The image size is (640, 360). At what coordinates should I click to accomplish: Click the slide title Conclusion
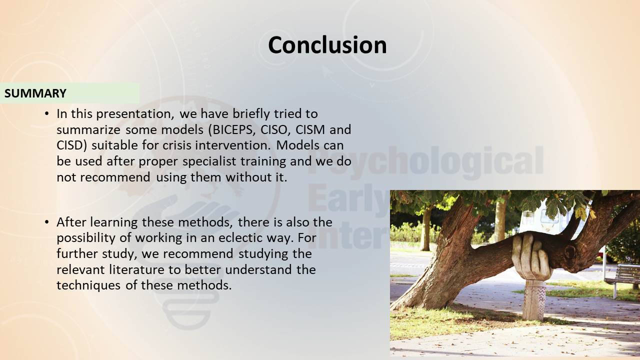pyautogui.click(x=327, y=45)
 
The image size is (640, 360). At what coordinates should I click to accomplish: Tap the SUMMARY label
pyautogui.click(x=35, y=93)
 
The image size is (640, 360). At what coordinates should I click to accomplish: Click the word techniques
pyautogui.click(x=88, y=285)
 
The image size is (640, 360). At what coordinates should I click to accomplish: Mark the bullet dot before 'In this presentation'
pyautogui.click(x=46, y=113)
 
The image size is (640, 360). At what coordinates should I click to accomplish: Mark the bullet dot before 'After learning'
pyautogui.click(x=46, y=222)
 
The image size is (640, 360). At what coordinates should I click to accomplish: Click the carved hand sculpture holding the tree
pyautogui.click(x=531, y=257)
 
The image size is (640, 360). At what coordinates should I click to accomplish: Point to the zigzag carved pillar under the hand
pyautogui.click(x=534, y=300)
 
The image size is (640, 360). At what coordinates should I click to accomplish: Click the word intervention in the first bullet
pyautogui.click(x=232, y=145)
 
